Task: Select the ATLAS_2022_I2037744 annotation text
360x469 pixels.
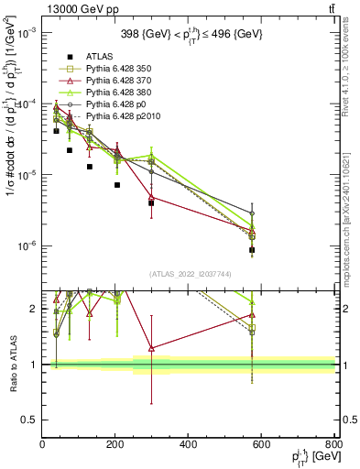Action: [189, 274]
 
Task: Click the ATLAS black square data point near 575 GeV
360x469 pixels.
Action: [252, 249]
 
